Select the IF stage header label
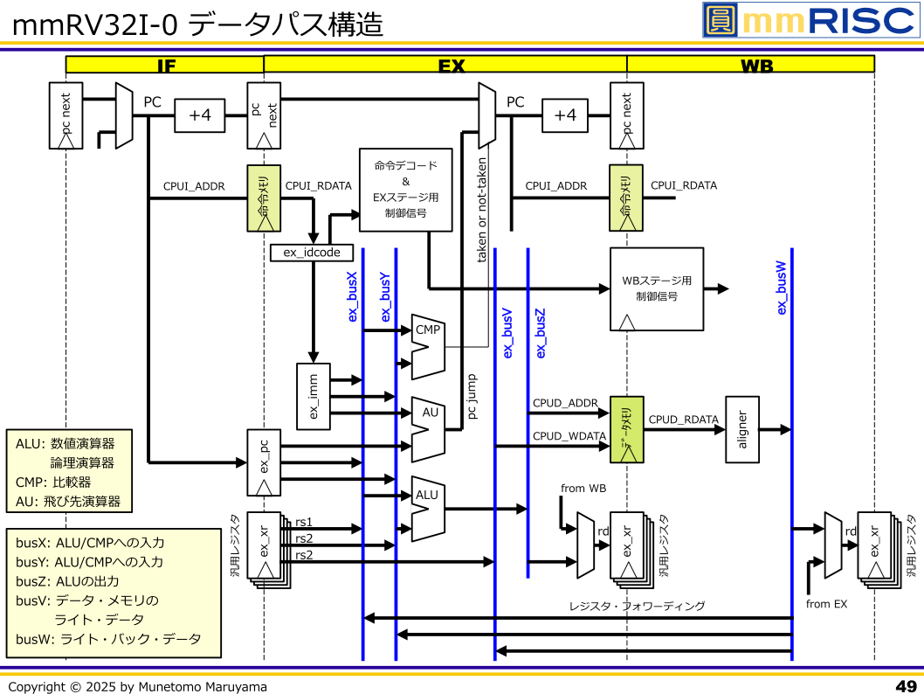165,65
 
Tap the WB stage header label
750,65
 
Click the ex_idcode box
312,253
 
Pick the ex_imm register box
314,397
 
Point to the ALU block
428,508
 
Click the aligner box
742,430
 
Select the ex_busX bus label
353,297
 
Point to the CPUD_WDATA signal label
569,435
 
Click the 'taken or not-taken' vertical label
482,211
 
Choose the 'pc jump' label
472,397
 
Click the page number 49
906,686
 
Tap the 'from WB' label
583,489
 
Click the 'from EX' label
826,604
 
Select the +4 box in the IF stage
200,115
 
